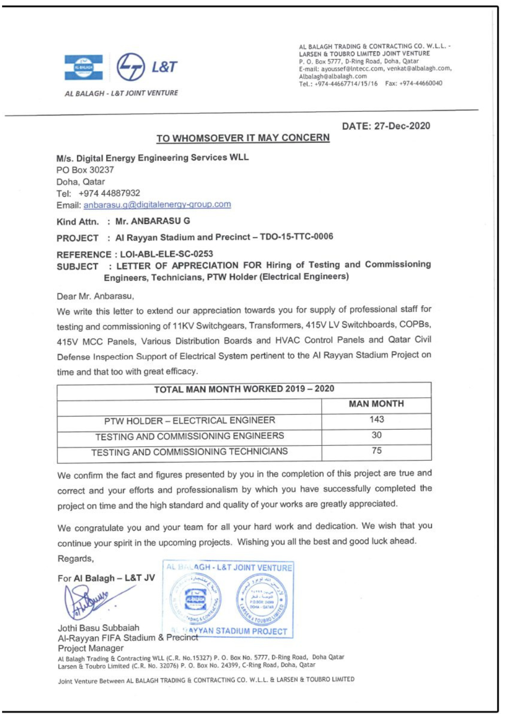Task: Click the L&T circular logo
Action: (131, 67)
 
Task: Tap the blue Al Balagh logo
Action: (84, 67)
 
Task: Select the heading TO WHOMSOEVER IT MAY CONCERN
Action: (243, 138)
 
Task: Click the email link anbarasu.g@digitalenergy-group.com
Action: (157, 205)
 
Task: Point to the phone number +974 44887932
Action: (109, 193)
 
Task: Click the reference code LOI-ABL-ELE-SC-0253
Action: (166, 254)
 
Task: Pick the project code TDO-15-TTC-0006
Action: (296, 236)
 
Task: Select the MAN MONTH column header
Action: (376, 404)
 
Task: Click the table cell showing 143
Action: (376, 419)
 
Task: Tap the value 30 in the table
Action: (376, 435)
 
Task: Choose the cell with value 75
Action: (376, 451)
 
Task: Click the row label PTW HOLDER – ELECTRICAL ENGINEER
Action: (190, 421)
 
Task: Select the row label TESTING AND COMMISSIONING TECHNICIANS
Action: (189, 452)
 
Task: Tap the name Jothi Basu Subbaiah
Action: (99, 628)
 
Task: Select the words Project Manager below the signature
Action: (91, 648)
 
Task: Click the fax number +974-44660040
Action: (421, 83)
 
